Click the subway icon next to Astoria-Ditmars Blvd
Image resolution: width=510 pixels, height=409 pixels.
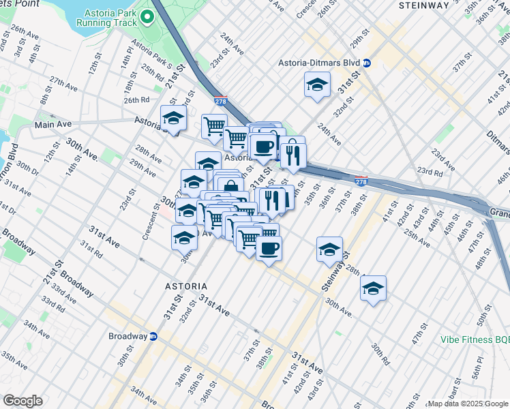click(366, 63)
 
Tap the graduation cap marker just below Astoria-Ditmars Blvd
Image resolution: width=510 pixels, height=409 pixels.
click(316, 86)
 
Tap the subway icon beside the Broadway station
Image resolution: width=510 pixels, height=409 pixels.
click(153, 336)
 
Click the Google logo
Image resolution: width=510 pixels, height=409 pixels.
click(22, 400)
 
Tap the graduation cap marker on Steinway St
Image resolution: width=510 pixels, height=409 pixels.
click(330, 249)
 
